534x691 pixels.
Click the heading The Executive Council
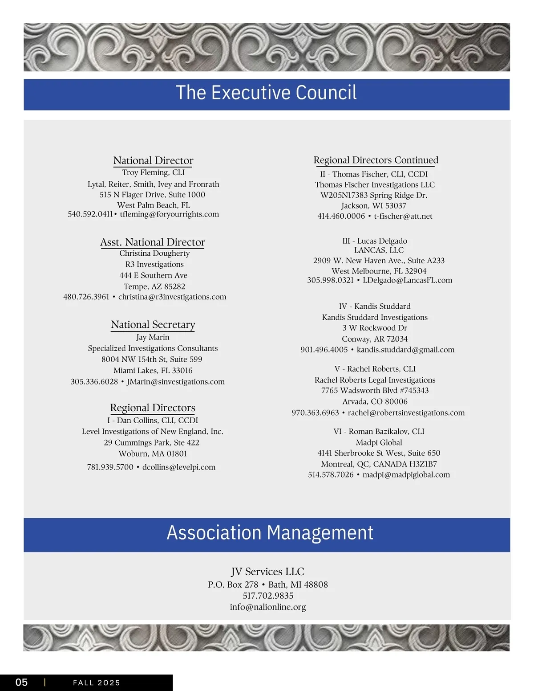[x=266, y=93]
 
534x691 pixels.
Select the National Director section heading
[x=153, y=160]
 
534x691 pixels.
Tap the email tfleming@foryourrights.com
[x=170, y=214]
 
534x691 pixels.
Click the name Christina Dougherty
[x=154, y=254]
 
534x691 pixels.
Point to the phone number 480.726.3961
[x=86, y=297]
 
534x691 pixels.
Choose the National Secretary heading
[x=153, y=325]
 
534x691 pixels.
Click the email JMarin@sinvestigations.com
[x=176, y=382]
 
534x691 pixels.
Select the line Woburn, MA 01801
[x=153, y=454]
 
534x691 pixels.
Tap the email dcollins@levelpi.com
[x=179, y=467]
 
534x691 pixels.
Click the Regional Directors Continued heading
[x=376, y=160]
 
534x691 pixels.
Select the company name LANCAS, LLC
[x=379, y=250]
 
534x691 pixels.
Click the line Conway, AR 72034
[x=375, y=339]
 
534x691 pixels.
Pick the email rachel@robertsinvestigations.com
[x=406, y=413]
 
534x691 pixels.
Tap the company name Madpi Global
[x=379, y=442]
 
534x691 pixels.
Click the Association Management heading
[x=270, y=533]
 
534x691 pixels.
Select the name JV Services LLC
[x=267, y=572]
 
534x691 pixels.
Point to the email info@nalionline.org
[x=268, y=607]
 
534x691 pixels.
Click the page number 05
[x=21, y=683]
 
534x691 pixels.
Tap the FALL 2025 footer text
[x=97, y=683]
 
